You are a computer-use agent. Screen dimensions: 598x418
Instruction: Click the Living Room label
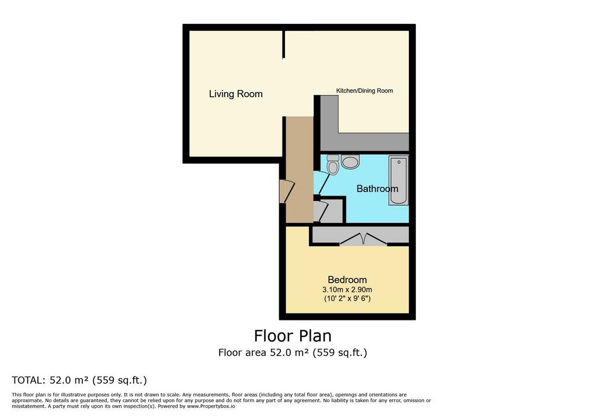236,94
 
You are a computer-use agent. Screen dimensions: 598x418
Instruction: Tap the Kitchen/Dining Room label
364,90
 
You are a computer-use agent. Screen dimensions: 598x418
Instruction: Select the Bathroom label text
377,189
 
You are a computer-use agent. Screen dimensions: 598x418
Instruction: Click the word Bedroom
347,280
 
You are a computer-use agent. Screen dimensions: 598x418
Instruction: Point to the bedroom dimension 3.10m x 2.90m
347,290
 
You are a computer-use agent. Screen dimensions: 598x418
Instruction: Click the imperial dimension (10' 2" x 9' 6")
347,298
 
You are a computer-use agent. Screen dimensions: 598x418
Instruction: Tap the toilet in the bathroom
333,164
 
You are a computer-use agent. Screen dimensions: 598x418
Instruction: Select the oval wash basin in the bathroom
350,161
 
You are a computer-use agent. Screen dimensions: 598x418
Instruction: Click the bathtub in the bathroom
398,180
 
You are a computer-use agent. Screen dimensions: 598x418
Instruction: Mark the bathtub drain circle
399,162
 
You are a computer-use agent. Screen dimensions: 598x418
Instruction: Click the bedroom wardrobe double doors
363,239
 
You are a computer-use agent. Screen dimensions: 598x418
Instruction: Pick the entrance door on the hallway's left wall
287,191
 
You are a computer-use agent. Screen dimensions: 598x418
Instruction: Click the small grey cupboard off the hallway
328,211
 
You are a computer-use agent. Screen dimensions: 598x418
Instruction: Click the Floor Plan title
293,336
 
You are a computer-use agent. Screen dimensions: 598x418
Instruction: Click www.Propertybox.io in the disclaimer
211,406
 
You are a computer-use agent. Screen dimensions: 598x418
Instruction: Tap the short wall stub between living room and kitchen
284,44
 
